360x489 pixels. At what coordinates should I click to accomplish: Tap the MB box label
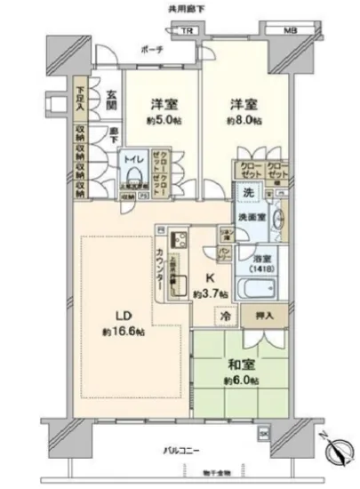point(291,33)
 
